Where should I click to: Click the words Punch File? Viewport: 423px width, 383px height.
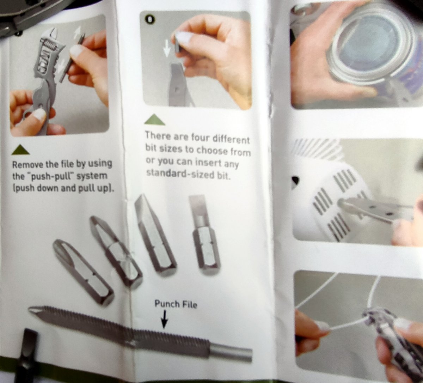pos(176,304)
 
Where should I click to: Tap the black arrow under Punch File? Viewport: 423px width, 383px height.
pos(165,320)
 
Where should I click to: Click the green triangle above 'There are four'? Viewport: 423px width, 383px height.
pos(155,120)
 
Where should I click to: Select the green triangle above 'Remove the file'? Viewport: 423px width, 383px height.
pos(20,150)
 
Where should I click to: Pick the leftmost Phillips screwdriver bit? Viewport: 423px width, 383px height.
pos(83,272)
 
